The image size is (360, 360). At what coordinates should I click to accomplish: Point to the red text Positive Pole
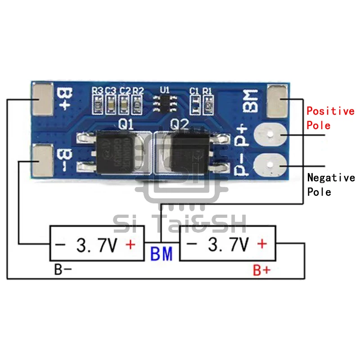pyautogui.click(x=330, y=118)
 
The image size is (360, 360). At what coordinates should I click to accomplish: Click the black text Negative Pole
pyautogui.click(x=330, y=184)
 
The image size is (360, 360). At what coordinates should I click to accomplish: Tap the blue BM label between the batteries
pyautogui.click(x=162, y=255)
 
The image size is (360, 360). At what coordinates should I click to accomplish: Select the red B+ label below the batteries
pyautogui.click(x=261, y=270)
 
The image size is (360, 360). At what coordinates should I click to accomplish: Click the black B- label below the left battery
pyautogui.click(x=63, y=270)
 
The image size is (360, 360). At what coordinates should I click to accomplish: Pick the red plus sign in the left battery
pyautogui.click(x=130, y=245)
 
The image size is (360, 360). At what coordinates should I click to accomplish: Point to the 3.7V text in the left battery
pyautogui.click(x=97, y=245)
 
